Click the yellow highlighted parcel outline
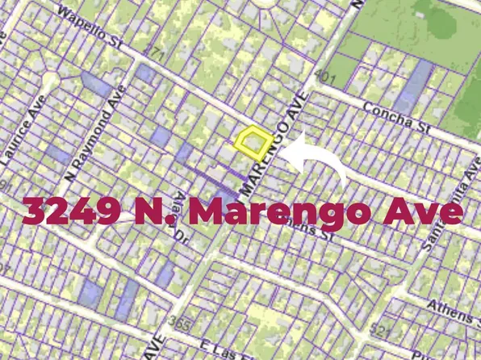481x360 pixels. (x=253, y=142)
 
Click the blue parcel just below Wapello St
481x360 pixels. (x=146, y=73)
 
